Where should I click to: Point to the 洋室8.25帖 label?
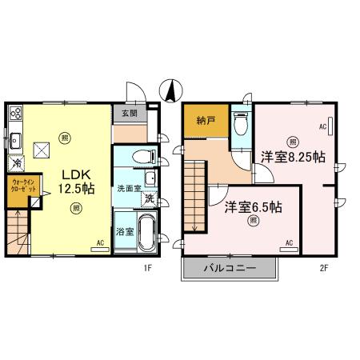point(292,157)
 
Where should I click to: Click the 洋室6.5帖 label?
point(253,206)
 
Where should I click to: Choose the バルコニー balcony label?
point(230,268)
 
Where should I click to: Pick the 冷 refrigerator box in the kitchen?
point(16,164)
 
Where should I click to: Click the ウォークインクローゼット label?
point(22,190)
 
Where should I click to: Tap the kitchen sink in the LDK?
point(15,142)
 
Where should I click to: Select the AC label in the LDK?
point(101,242)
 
